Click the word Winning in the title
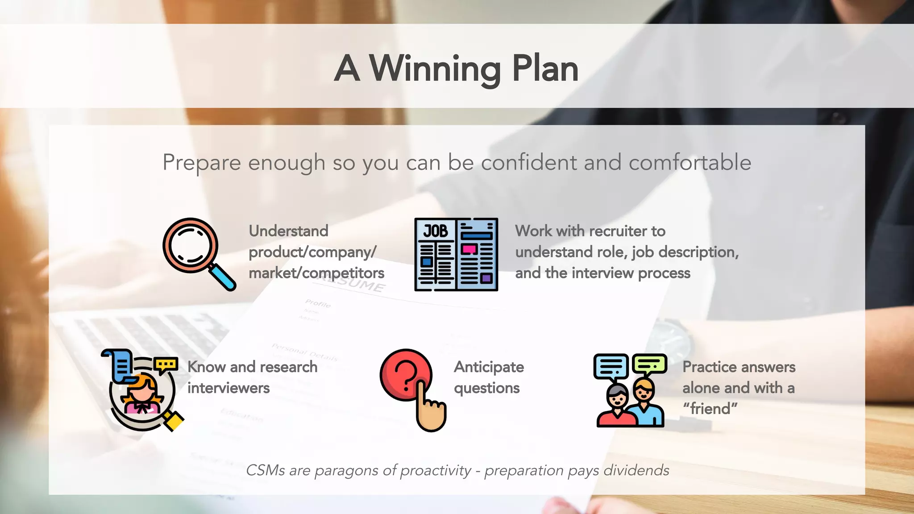pos(435,69)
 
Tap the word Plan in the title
pos(545,69)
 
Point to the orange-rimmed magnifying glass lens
pos(190,245)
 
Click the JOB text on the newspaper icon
pos(435,231)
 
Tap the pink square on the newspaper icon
pos(469,249)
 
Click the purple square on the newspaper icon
pos(486,278)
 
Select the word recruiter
pos(615,231)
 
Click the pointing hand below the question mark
pos(430,410)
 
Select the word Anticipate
pos(489,367)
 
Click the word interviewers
pos(228,388)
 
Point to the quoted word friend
pos(710,409)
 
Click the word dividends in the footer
pos(636,470)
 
